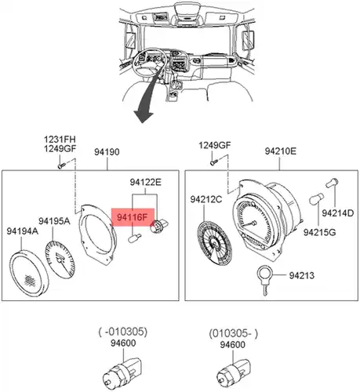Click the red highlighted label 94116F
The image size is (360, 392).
tap(133, 217)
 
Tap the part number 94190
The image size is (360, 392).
tap(107, 152)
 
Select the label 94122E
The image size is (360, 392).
tap(145, 182)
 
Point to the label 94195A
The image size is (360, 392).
tap(54, 221)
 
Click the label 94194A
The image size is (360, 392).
tap(23, 231)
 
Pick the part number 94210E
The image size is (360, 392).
tap(281, 151)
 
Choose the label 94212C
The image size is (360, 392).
tap(206, 199)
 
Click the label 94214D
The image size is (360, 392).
tap(337, 213)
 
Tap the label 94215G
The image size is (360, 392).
tap(319, 232)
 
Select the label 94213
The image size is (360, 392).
tap(301, 275)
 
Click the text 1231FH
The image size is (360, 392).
tap(60, 140)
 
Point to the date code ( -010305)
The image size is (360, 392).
tap(123, 332)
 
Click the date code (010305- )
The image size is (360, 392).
tap(233, 334)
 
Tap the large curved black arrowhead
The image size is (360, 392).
tap(143, 115)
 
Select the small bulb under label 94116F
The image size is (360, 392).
tap(135, 238)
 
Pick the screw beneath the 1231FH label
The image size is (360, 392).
tap(61, 165)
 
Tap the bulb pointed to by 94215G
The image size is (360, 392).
tap(316, 199)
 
